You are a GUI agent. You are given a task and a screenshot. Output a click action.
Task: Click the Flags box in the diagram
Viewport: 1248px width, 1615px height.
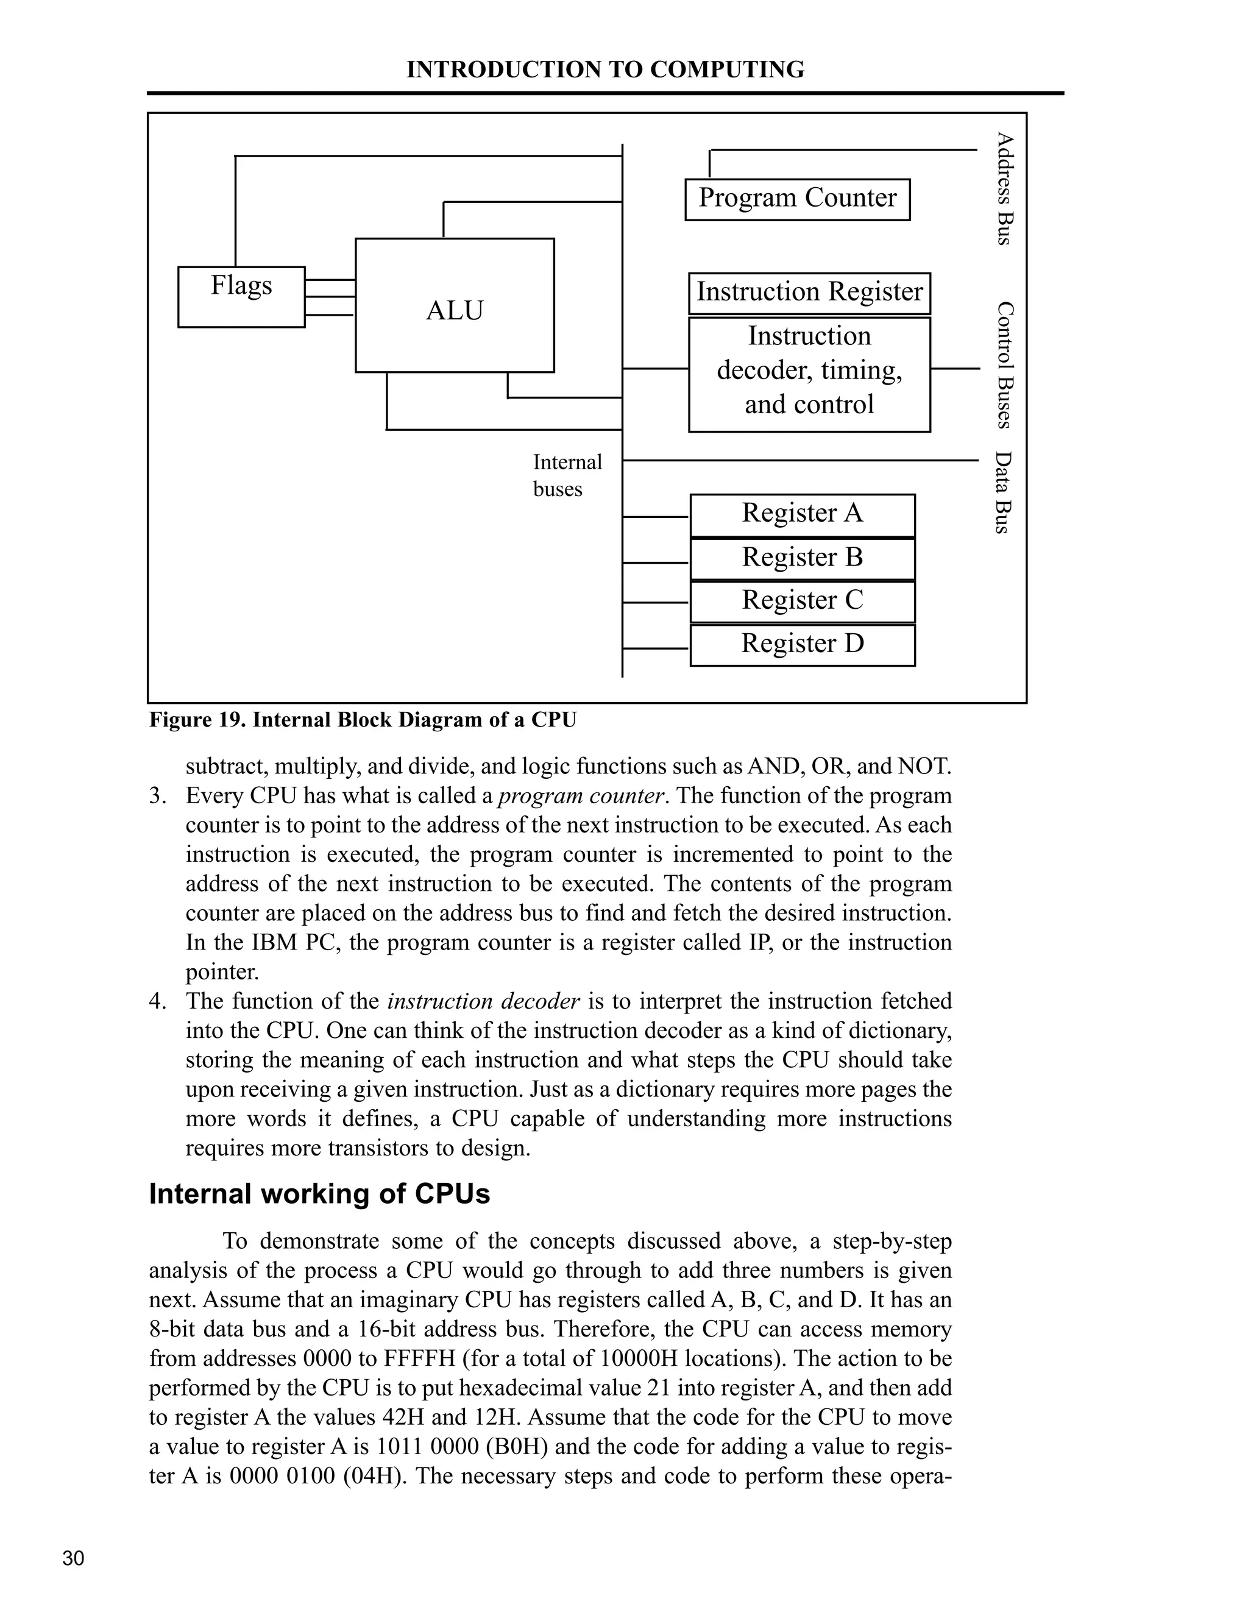point(241,297)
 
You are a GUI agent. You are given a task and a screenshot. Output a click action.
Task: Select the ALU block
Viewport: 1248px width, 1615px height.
point(454,305)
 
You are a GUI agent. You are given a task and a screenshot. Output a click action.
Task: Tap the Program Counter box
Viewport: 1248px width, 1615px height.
point(797,199)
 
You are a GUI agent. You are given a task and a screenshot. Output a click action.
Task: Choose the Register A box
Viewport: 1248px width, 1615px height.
point(802,514)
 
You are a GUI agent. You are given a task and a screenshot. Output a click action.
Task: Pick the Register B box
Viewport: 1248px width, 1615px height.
point(802,558)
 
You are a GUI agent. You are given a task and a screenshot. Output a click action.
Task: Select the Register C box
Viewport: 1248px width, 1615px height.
point(802,601)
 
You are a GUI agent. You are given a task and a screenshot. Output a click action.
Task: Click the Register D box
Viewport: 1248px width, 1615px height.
point(802,645)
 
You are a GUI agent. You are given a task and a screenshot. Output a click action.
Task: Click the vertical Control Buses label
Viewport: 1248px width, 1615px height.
point(1003,364)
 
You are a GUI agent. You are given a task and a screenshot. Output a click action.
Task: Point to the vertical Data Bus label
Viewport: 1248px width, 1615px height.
point(1002,492)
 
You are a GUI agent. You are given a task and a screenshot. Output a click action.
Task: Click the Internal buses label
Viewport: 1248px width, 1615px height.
point(567,475)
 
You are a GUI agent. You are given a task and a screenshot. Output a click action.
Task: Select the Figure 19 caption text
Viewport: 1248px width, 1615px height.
point(363,720)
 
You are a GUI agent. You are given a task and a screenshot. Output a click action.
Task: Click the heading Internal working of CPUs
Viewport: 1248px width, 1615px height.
point(319,1194)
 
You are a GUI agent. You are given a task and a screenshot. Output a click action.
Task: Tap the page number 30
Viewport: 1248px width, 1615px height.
point(73,1558)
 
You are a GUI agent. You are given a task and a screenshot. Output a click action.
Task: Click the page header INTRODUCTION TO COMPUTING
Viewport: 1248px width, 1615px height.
point(604,69)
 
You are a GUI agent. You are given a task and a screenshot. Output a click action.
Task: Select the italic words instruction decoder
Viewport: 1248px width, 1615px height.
point(483,1001)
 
